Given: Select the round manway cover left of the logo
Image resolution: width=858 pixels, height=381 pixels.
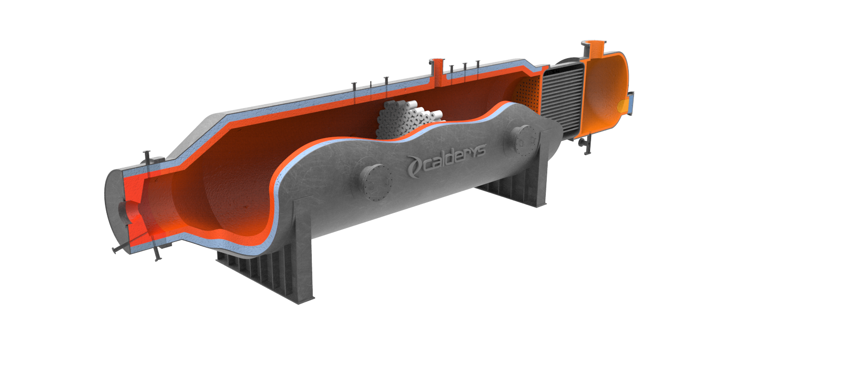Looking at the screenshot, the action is (375, 182).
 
